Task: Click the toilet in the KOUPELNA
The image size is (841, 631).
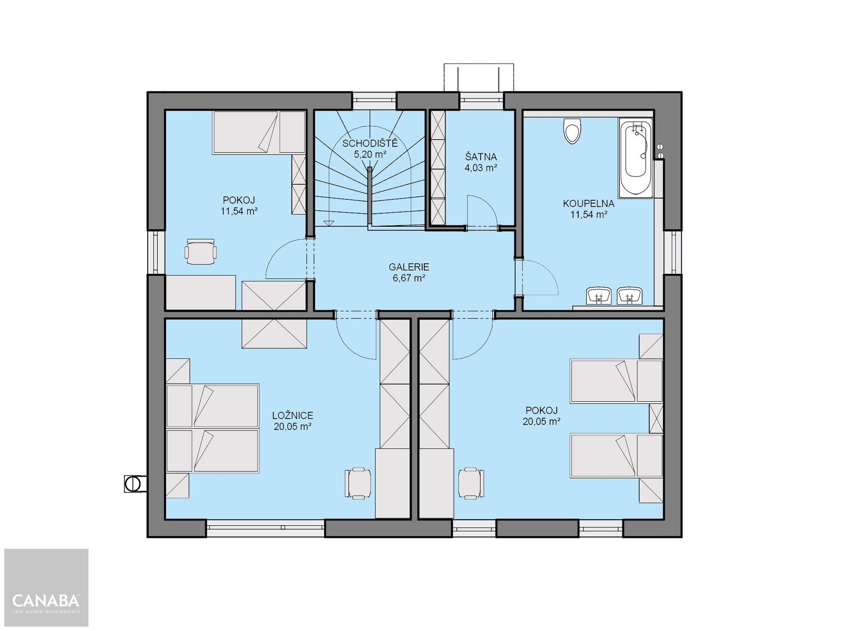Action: (572, 131)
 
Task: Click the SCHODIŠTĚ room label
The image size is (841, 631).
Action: (370, 143)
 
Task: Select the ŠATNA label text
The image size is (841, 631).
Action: (481, 157)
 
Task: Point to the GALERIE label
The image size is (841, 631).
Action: (409, 267)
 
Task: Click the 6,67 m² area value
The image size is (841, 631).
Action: (409, 278)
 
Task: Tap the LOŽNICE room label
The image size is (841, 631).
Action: (293, 415)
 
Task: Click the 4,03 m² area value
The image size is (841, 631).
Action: (481, 168)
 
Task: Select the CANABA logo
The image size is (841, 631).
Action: (46, 603)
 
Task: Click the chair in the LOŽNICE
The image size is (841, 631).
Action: (358, 483)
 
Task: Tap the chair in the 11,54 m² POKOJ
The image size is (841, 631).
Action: (201, 252)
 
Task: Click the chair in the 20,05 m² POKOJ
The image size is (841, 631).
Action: (471, 483)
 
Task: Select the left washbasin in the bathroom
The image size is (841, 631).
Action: (599, 296)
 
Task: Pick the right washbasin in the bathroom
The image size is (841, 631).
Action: (630, 296)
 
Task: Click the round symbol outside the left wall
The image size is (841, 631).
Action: (132, 484)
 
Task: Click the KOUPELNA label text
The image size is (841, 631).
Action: (589, 204)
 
